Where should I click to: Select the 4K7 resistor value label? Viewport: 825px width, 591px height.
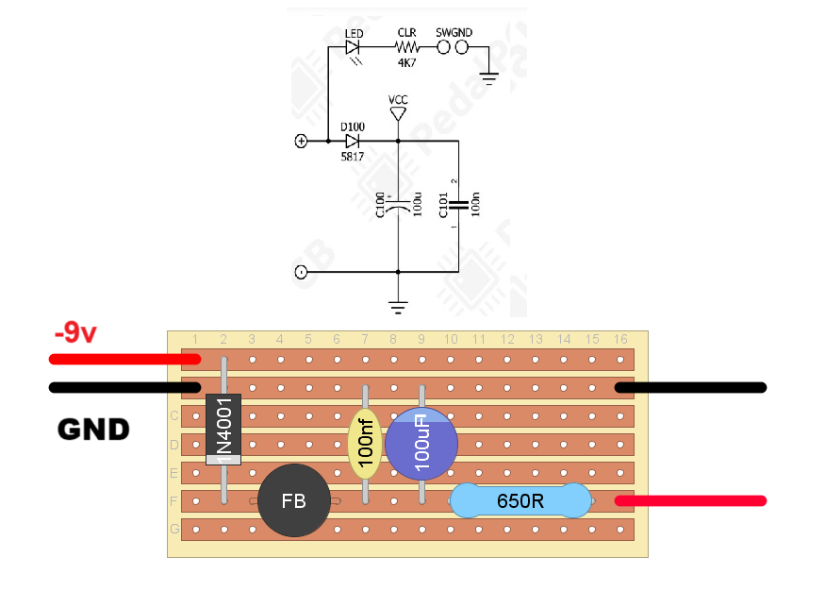pos(406,62)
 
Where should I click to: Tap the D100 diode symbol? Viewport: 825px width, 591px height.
pos(353,142)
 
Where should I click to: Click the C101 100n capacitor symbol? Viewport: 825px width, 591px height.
pos(458,203)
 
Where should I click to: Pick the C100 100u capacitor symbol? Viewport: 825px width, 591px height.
pos(398,203)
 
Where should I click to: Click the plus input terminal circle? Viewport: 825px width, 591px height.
pos(301,142)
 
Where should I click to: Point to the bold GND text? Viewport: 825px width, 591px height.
pos(93,431)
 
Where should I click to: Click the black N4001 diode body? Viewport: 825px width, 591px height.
pos(223,429)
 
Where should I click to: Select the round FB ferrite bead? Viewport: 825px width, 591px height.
pos(294,501)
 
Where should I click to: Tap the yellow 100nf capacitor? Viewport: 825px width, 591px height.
pos(365,443)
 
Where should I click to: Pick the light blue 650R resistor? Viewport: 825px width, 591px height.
pos(520,501)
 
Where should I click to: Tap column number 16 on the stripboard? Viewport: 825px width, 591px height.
pos(620,340)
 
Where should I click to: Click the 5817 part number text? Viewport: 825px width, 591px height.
pos(352,158)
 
